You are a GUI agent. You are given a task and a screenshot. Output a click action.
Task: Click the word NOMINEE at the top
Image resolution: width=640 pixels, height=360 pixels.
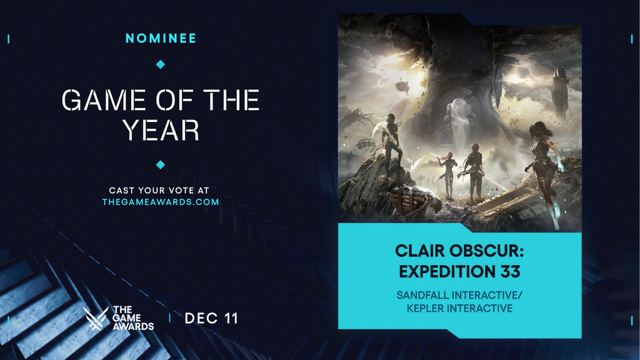click(161, 38)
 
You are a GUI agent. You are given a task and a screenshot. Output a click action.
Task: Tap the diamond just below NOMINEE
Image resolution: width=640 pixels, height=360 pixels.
click(161, 64)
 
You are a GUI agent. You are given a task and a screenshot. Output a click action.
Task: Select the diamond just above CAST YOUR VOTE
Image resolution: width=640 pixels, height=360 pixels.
click(161, 164)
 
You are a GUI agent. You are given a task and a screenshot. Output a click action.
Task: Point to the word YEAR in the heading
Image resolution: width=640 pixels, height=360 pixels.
click(161, 130)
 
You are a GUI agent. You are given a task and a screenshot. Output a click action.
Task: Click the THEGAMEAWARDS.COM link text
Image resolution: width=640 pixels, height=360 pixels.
click(161, 202)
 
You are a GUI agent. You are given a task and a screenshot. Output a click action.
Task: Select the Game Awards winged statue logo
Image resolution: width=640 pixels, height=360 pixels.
click(96, 318)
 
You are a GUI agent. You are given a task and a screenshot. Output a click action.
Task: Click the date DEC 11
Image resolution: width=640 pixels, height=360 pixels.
click(211, 318)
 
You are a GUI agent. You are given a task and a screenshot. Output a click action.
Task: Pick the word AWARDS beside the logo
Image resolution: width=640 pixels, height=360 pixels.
click(134, 326)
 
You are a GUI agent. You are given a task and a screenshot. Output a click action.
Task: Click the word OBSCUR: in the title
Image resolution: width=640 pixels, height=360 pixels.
click(485, 251)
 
